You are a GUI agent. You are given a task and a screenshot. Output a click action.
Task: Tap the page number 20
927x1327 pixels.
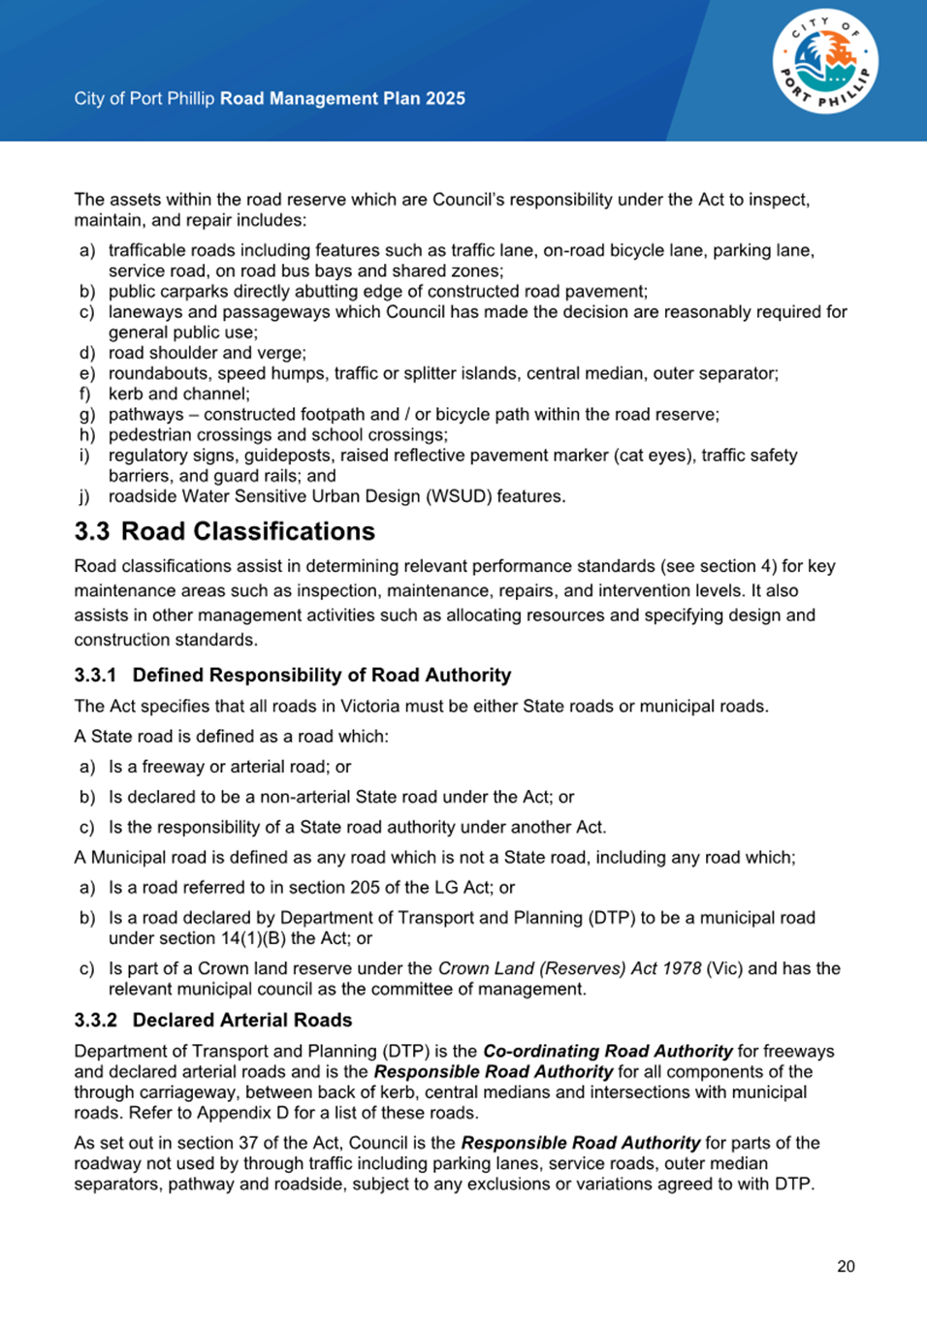846,1266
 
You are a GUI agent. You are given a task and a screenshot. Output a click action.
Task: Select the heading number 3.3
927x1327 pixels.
92,531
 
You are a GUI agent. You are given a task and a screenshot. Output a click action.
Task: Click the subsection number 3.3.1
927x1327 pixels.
95,675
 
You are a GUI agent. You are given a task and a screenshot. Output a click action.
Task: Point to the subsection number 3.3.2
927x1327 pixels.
95,1020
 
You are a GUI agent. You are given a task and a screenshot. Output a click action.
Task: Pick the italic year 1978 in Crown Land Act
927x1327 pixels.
682,968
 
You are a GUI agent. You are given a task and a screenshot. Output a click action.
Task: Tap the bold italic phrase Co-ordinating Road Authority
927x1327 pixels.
607,1051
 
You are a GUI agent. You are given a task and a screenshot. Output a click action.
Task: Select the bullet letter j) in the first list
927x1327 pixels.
85,496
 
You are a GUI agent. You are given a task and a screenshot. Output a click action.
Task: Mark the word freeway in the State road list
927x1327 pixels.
173,767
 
